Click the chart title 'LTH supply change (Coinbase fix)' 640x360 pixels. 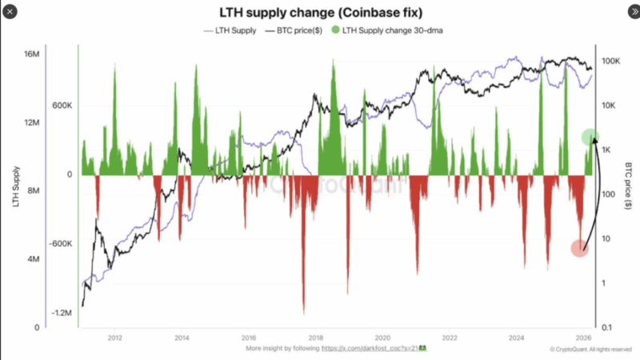tap(319, 14)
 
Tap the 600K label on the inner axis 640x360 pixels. tap(63, 106)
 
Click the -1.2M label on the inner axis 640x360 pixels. tap(62, 313)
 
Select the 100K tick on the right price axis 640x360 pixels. tap(612, 62)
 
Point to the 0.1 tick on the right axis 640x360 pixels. tap(608, 327)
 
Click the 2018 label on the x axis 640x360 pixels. tap(316, 338)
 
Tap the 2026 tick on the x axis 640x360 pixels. tap(583, 338)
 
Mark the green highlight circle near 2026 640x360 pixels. tap(590, 137)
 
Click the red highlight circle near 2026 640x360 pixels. tap(580, 248)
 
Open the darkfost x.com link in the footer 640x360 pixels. tap(372, 349)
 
